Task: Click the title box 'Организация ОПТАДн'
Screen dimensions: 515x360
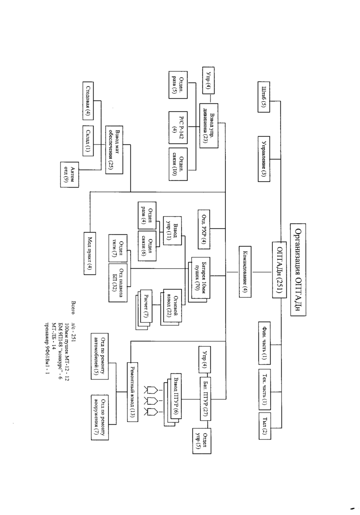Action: [x=299, y=271]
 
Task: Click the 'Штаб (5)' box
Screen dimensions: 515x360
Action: [x=264, y=97]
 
